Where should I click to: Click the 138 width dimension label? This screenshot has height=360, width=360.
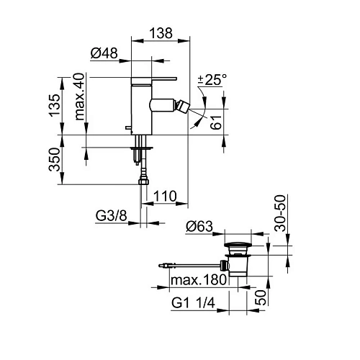tap(161, 33)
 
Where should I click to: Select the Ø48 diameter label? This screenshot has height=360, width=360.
tap(104, 53)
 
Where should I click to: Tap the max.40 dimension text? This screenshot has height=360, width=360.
tap(79, 96)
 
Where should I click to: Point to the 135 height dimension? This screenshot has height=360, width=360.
tap(55, 105)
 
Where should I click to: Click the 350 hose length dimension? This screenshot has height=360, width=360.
tap(55, 159)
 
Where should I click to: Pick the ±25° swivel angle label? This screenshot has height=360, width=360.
tap(212, 80)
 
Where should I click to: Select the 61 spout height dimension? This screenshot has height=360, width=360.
tap(216, 122)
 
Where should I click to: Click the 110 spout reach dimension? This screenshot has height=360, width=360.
tap(165, 196)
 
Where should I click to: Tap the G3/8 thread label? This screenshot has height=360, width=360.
tap(111, 216)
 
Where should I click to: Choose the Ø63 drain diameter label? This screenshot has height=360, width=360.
tap(199, 226)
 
